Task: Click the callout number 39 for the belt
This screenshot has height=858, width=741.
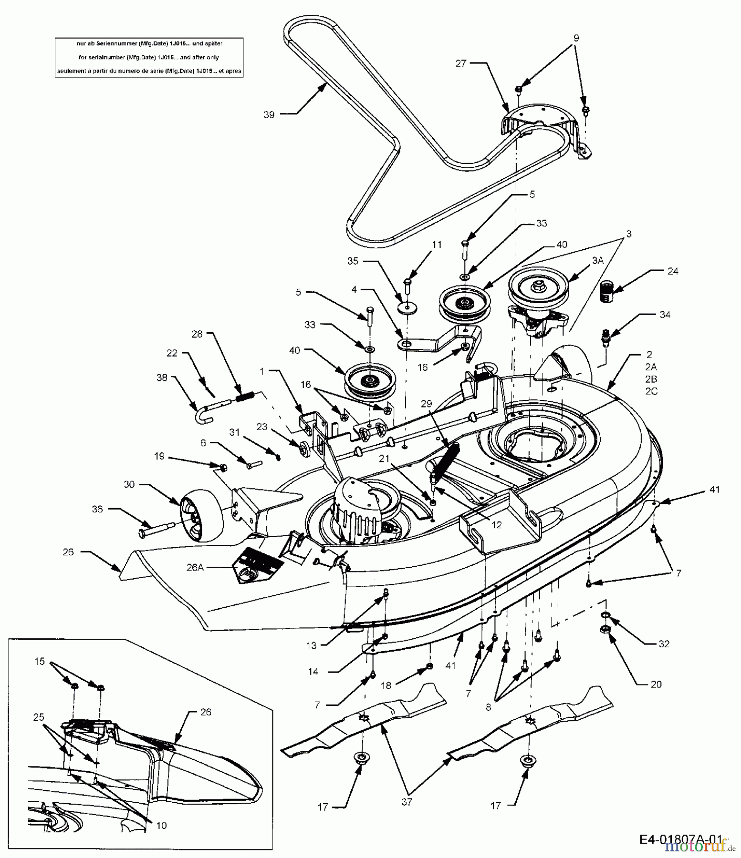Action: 269,115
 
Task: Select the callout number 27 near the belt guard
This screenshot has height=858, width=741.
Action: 460,63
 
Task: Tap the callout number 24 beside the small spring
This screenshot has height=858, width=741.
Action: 673,271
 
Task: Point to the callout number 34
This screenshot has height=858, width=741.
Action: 665,315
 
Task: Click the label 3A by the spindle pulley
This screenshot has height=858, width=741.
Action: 597,261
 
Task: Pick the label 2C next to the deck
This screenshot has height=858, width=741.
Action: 651,391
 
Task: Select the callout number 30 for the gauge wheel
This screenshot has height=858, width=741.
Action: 129,484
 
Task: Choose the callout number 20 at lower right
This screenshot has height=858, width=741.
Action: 656,684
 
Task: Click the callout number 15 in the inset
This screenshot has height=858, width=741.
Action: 39,661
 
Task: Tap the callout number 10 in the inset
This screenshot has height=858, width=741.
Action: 162,825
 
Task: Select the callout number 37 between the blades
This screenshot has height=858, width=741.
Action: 407,816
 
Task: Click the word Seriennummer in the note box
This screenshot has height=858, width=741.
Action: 115,43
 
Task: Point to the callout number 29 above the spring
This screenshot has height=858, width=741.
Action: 426,404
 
